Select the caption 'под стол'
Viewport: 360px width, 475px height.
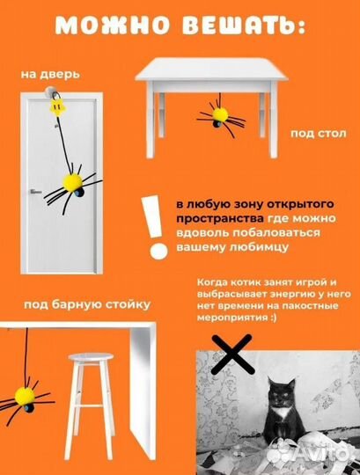[x=318, y=134]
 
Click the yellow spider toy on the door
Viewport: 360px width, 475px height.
[x=70, y=185]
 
